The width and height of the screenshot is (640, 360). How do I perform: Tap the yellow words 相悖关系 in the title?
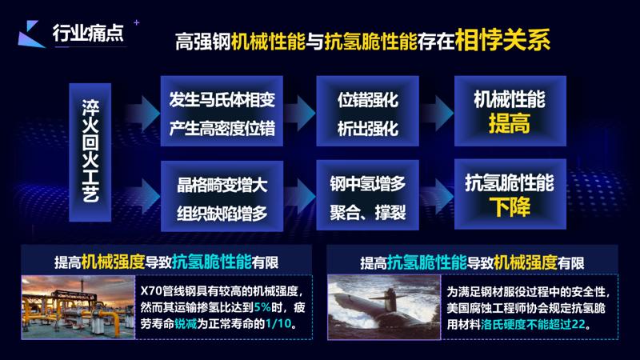click(x=504, y=40)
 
